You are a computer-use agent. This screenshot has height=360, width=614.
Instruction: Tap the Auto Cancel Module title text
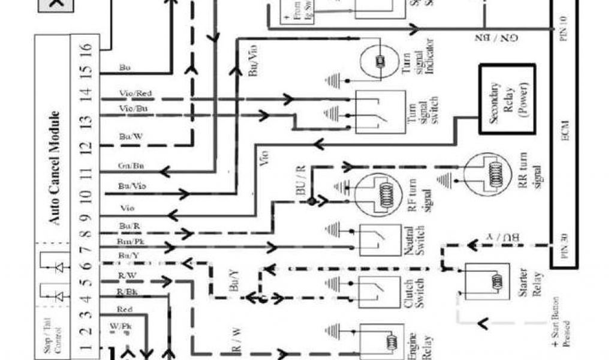pyautogui.click(x=55, y=168)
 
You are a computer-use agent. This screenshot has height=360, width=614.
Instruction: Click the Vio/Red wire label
pyautogui.click(x=136, y=94)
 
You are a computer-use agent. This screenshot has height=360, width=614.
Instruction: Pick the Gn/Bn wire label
pyautogui.click(x=131, y=166)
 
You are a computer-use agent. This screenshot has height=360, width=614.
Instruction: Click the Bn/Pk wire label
pyautogui.click(x=130, y=241)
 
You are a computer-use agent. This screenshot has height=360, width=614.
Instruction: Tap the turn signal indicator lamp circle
pyautogui.click(x=380, y=61)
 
